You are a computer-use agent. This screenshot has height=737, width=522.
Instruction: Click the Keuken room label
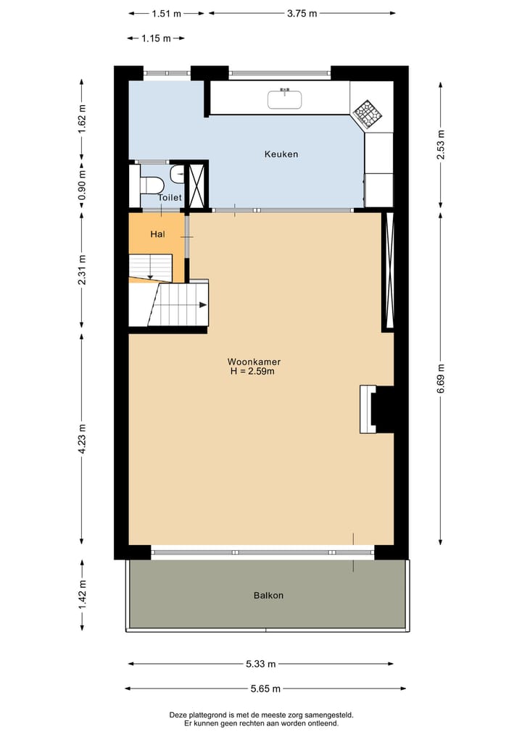click(281, 154)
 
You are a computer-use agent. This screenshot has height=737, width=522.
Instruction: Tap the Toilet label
click(170, 197)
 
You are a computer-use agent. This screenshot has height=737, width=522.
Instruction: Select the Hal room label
click(157, 234)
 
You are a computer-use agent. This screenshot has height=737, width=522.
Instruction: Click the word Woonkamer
click(254, 362)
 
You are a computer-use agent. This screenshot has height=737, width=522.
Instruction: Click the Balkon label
click(268, 596)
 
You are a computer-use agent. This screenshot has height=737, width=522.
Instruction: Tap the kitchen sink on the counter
click(285, 99)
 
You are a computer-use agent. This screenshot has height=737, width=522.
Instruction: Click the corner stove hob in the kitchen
click(368, 112)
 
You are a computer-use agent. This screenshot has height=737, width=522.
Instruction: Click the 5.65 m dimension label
click(265, 689)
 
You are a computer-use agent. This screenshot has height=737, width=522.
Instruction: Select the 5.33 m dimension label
click(261, 664)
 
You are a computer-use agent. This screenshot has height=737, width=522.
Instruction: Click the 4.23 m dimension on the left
click(82, 438)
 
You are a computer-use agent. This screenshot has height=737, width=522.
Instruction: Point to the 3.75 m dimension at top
click(301, 13)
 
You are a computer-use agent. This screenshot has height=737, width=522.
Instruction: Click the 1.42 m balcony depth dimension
click(82, 594)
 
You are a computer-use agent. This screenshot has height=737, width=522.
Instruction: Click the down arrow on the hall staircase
click(149, 274)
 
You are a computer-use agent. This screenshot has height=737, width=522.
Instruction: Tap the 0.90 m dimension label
click(82, 185)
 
